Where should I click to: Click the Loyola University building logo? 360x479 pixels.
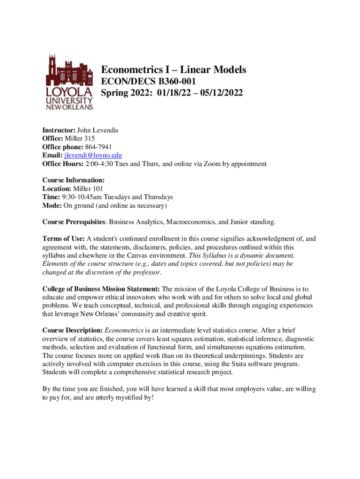point(70,81)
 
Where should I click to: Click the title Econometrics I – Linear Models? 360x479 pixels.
point(173,70)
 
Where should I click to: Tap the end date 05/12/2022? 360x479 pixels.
point(221,93)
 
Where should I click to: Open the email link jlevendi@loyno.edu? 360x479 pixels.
point(93,155)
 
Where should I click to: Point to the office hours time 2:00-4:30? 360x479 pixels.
point(100,164)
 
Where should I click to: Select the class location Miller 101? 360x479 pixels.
point(89,189)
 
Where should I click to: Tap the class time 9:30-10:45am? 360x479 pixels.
point(82,197)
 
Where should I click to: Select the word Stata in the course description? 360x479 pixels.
point(247,363)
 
